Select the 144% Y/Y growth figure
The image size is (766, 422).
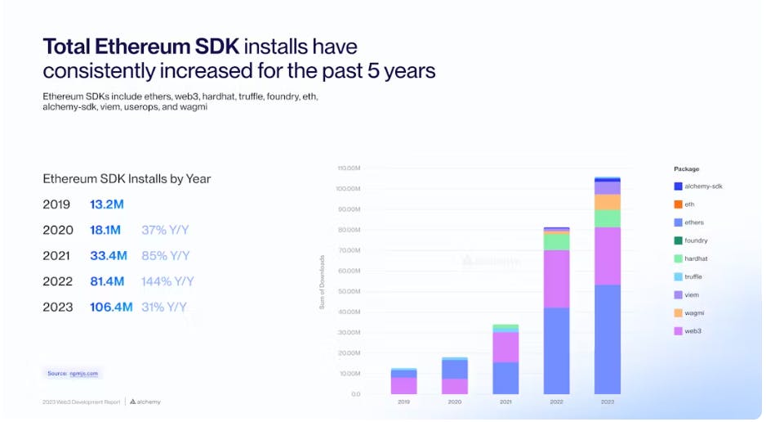coord(167,281)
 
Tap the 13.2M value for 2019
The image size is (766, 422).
coord(106,204)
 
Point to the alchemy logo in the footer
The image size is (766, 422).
coord(145,402)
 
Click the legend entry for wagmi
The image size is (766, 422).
coord(694,312)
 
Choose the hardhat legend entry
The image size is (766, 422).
coord(695,258)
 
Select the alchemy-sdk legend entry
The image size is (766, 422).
coord(702,186)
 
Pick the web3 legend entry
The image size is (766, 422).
coord(693,330)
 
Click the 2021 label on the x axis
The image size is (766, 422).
coord(505,402)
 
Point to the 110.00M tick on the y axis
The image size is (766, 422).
coord(349,168)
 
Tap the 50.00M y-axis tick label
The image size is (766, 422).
coord(350,291)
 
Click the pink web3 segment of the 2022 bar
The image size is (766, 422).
coord(557,278)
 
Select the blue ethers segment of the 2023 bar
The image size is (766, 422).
coord(607,339)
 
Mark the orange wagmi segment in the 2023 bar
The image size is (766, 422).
coord(607,202)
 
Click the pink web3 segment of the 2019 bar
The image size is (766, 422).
coord(404,385)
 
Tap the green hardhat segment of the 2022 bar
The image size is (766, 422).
coord(557,241)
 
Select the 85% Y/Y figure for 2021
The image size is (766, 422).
coord(165,256)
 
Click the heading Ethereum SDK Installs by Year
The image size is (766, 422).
coord(127,178)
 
